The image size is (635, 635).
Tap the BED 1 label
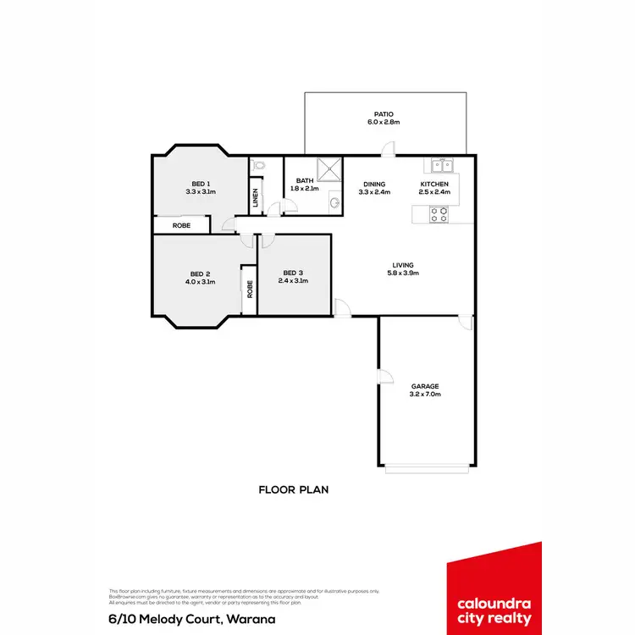point(201,184)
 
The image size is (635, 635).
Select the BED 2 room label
point(201,273)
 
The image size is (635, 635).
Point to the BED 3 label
point(293,273)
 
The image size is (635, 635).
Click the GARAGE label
point(425,386)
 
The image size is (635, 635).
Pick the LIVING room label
point(404,264)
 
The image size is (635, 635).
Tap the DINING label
point(374,184)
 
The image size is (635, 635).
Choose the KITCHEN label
point(435,184)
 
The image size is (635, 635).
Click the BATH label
point(305,180)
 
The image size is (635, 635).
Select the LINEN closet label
point(256,197)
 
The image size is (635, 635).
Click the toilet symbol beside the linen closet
point(258,166)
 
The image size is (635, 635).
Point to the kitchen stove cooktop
point(439,215)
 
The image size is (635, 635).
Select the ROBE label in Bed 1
point(181,225)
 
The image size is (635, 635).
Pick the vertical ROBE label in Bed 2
point(249,289)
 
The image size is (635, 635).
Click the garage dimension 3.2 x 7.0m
point(425,394)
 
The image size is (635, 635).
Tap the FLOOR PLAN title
point(293,489)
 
